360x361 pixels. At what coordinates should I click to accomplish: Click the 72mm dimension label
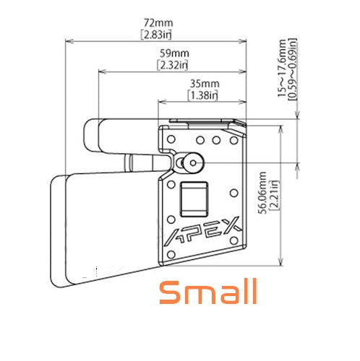click(x=158, y=23)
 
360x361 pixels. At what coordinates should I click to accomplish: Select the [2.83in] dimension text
click(x=156, y=35)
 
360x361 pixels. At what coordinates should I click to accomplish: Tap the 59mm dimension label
click(x=174, y=53)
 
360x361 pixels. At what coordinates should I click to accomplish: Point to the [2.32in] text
click(x=173, y=65)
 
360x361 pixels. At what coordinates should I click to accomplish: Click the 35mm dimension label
click(x=205, y=84)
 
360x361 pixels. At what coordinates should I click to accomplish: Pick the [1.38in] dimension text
click(x=203, y=95)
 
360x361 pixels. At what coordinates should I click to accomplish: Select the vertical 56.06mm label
click(x=262, y=193)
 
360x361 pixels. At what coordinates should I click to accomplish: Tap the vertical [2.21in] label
click(x=274, y=196)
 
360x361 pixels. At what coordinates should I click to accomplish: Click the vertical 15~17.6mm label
click(x=282, y=68)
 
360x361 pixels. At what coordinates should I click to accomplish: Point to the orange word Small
click(x=208, y=292)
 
